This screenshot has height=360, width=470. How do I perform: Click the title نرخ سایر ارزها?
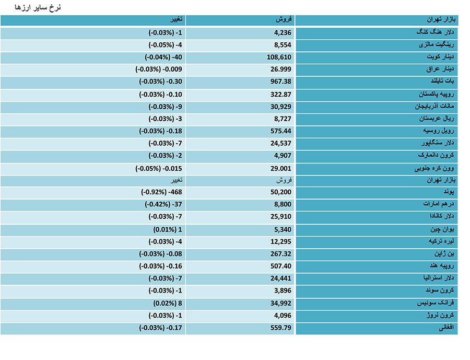[38, 7]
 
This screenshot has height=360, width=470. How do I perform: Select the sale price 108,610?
[279, 57]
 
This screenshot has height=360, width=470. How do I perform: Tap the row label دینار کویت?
[440, 57]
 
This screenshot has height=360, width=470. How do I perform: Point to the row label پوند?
[449, 192]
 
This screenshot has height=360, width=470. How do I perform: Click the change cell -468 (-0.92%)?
[161, 192]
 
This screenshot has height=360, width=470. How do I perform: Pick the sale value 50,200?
[280, 192]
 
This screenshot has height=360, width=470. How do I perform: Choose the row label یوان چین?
[442, 229]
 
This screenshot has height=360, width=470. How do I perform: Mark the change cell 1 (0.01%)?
[168, 230]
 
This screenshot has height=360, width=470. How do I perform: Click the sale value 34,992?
[280, 303]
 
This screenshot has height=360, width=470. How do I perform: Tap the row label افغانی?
[446, 327]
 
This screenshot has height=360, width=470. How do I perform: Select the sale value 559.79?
[280, 328]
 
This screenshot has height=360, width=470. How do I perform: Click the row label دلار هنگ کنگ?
[435, 32]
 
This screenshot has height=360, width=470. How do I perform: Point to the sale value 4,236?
[283, 33]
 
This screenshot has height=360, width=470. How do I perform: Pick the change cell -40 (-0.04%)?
[163, 57]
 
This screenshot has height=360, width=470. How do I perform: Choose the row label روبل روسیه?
[439, 131]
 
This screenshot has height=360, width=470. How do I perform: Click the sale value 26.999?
[280, 69]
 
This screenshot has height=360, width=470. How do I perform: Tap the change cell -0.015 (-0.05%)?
[159, 169]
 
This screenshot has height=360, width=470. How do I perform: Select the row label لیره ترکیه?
[441, 241]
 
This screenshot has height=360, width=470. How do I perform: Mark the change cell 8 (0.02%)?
[168, 303]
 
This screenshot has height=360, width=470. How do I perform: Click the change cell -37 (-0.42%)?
[163, 204]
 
